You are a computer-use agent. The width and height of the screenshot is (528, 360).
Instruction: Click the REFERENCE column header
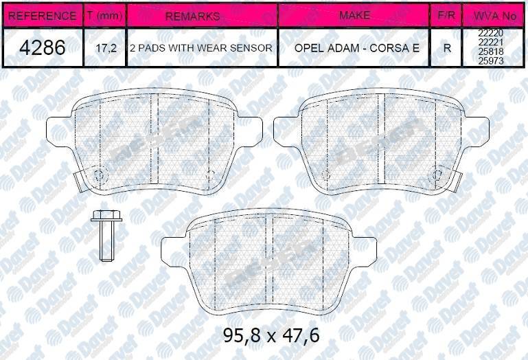point(43,15)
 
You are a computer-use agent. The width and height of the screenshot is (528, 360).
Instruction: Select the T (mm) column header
point(104,15)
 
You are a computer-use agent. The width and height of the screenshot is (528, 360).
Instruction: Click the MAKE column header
point(354,15)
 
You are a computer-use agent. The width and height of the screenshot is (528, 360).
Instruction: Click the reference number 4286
point(43,48)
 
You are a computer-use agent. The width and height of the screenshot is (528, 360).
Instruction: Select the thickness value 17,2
point(104,49)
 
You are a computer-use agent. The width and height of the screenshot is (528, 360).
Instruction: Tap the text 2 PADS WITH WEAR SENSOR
point(201,49)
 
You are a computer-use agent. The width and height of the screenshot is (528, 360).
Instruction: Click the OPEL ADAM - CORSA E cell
point(354,49)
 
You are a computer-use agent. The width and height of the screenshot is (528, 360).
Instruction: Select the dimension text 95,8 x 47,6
point(271,336)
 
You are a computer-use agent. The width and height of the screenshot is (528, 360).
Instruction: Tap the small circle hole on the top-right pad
point(433,174)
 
